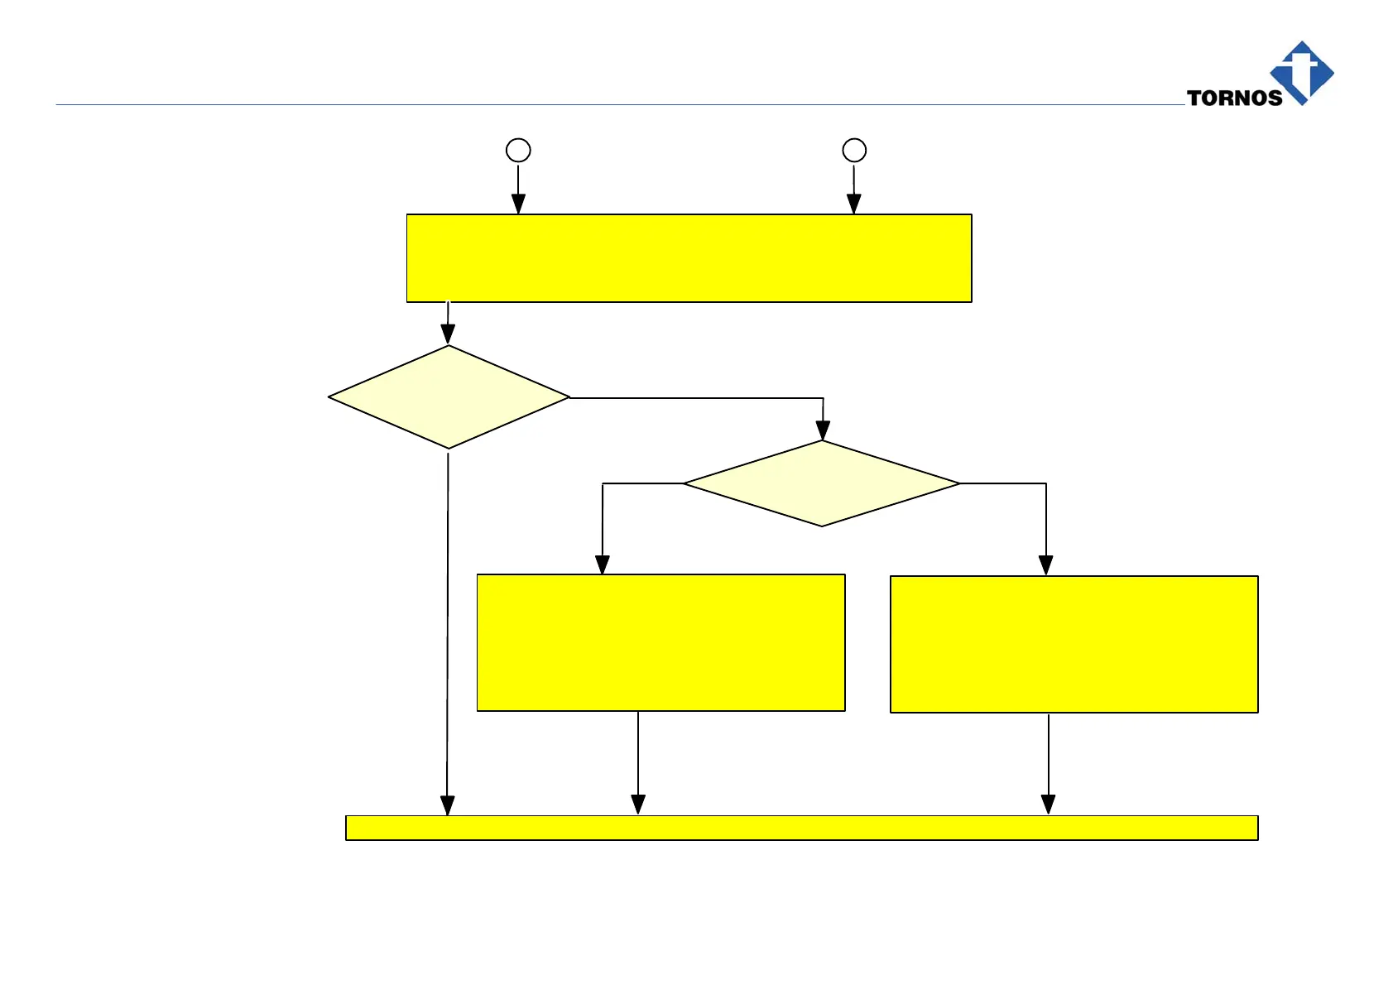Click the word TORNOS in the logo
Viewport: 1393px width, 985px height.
[1234, 98]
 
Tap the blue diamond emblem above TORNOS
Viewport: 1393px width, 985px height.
[1302, 71]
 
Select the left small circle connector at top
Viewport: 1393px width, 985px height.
[518, 150]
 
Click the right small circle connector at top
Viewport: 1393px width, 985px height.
[854, 150]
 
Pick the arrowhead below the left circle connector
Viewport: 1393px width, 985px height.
[518, 204]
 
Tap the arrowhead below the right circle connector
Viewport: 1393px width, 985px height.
[854, 204]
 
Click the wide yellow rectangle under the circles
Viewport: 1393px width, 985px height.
[689, 258]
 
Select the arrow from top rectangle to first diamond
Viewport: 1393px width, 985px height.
[448, 324]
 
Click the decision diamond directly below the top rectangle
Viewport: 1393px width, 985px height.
[449, 397]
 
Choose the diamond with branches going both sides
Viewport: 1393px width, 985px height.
[822, 483]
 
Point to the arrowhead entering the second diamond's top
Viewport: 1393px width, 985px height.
[823, 430]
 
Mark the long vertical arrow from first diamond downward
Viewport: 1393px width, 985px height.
[448, 629]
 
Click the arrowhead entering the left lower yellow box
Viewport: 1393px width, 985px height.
[603, 565]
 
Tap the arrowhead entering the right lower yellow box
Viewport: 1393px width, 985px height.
[1046, 565]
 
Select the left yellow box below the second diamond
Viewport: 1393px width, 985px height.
[660, 642]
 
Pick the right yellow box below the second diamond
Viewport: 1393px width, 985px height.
[1074, 644]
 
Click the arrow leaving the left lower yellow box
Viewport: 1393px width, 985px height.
[638, 762]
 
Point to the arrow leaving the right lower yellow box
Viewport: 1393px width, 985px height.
[1049, 762]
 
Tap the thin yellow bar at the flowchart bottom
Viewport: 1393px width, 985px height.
[801, 828]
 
